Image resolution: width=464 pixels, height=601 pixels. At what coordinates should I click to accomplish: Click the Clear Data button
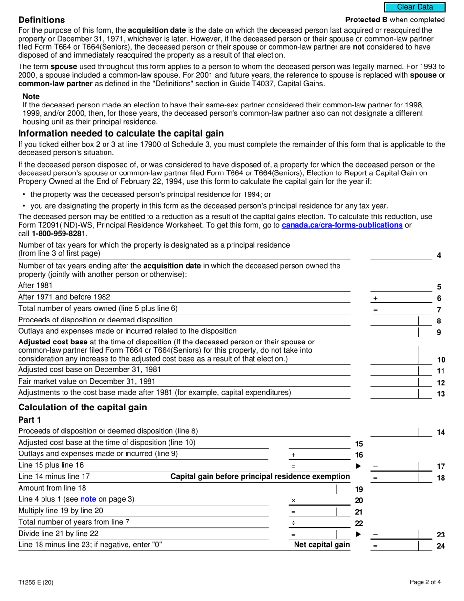click(x=415, y=7)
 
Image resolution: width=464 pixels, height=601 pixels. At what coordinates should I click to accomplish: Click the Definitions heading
click(x=42, y=20)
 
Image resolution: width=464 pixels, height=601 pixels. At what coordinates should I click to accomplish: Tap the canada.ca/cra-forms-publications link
click(x=342, y=225)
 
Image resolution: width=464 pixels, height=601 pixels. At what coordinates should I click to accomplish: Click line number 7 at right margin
click(x=439, y=310)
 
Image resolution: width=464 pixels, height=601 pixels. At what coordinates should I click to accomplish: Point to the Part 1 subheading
click(x=29, y=420)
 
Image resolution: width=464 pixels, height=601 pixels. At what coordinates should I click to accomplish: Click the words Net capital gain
click(x=322, y=545)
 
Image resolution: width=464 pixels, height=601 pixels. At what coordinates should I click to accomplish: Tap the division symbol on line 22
click(x=294, y=523)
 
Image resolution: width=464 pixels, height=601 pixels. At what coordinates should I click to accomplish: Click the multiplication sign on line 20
click(x=294, y=501)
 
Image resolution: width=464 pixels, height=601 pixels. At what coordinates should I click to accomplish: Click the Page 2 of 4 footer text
click(x=426, y=582)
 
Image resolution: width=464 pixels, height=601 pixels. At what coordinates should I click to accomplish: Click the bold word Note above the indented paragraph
click(x=31, y=97)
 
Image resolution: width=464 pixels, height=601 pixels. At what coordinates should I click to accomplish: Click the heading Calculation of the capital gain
click(x=82, y=408)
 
